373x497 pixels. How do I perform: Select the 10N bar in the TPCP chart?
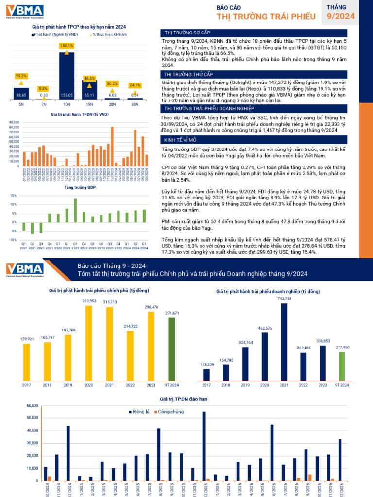coord(66,78)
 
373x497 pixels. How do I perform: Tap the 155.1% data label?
coord(66,45)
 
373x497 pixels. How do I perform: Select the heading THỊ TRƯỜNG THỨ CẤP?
coord(187,75)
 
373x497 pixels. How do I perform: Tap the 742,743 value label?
coord(284,298)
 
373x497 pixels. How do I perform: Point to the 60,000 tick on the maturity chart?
coord(32,405)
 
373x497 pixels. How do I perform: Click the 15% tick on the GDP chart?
coord(14,196)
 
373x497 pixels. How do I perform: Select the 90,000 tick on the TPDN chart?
coord(13,122)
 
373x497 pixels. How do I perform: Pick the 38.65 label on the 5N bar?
coord(21,95)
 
